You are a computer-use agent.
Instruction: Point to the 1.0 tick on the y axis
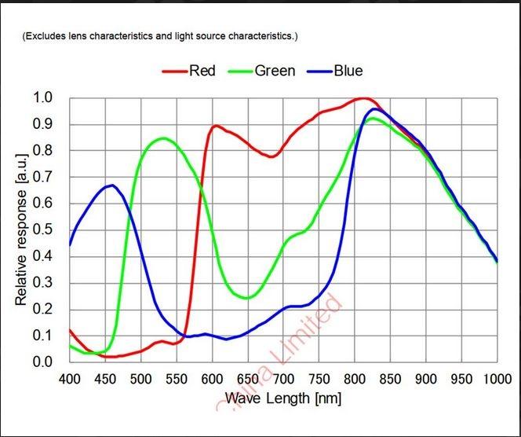42,97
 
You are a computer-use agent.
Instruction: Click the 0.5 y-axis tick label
42,230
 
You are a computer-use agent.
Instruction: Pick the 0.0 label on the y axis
42,362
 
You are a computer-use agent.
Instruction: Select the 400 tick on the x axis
70,380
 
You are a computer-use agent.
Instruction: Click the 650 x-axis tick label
248,380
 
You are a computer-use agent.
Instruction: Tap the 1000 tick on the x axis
496,380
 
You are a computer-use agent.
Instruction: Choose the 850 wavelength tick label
391,380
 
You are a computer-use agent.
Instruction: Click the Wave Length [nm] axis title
283,398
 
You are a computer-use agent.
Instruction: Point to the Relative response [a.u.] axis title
21,230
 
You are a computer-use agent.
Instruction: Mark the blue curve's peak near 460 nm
112,185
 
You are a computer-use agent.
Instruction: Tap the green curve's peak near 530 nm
162,138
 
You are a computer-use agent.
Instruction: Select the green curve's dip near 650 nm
247,298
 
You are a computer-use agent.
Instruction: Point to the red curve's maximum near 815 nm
363,99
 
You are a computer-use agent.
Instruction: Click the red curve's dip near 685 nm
271,156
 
